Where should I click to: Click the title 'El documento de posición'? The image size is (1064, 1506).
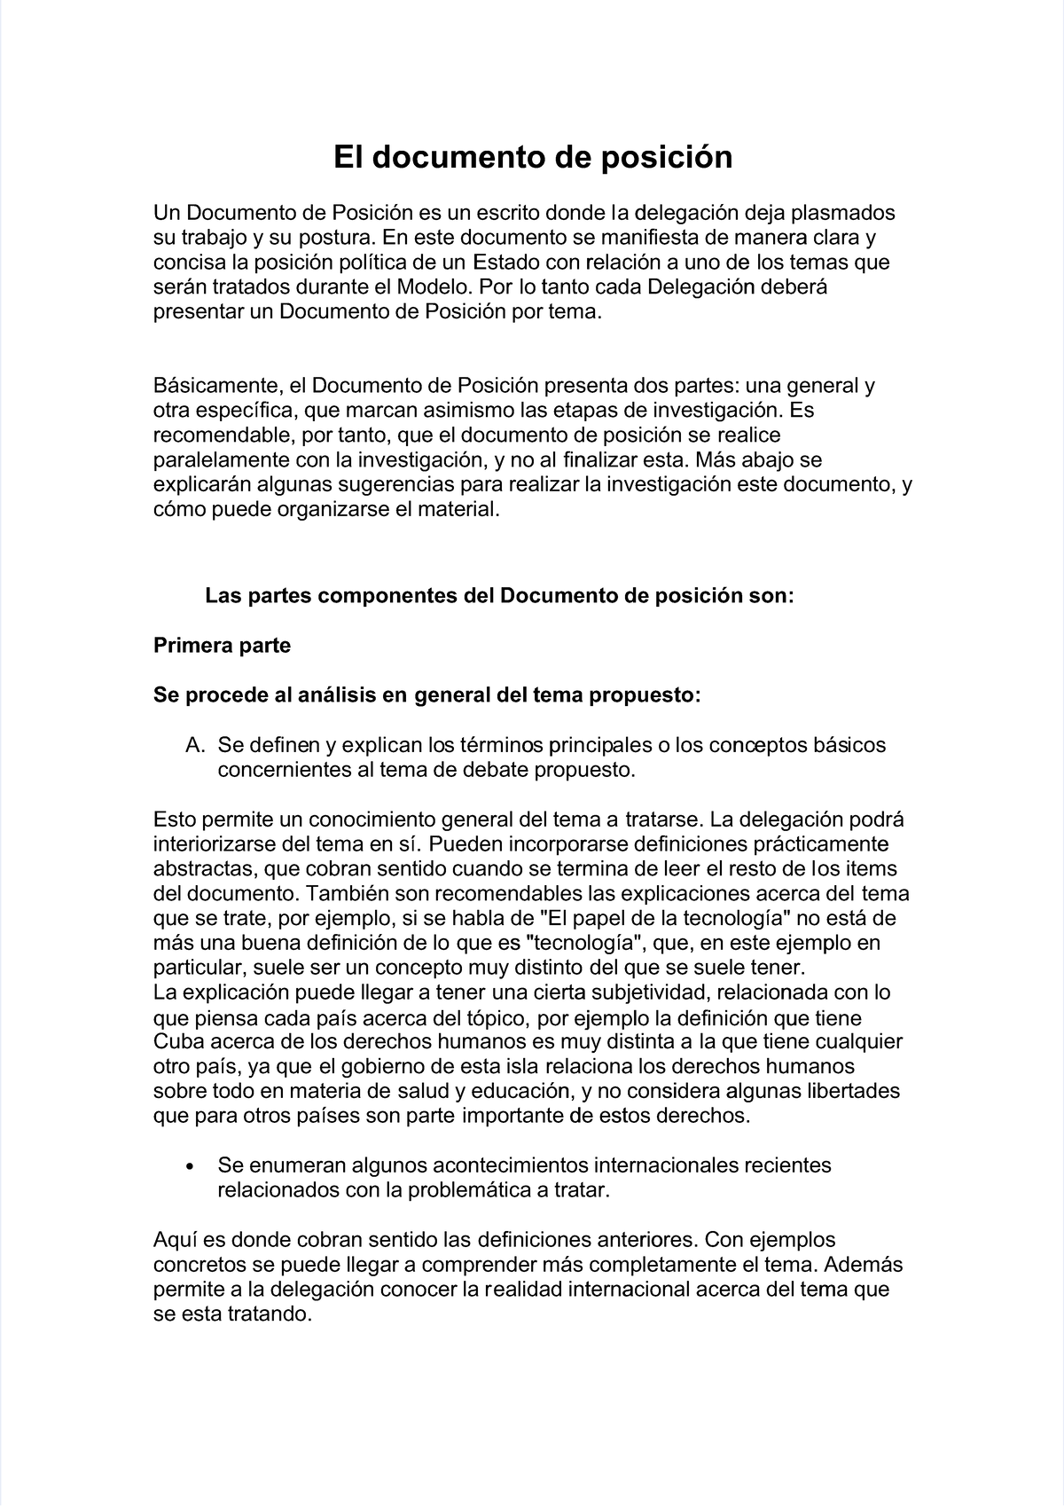pos(532,158)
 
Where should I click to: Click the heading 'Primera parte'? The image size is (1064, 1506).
pos(222,646)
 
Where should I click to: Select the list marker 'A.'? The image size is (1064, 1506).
pos(196,745)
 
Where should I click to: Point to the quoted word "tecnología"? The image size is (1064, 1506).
pos(585,943)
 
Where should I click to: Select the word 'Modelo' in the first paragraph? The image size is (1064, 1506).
pos(433,287)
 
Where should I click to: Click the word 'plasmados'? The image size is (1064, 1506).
pos(842,213)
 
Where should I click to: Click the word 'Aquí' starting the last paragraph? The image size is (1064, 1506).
pos(176,1240)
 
